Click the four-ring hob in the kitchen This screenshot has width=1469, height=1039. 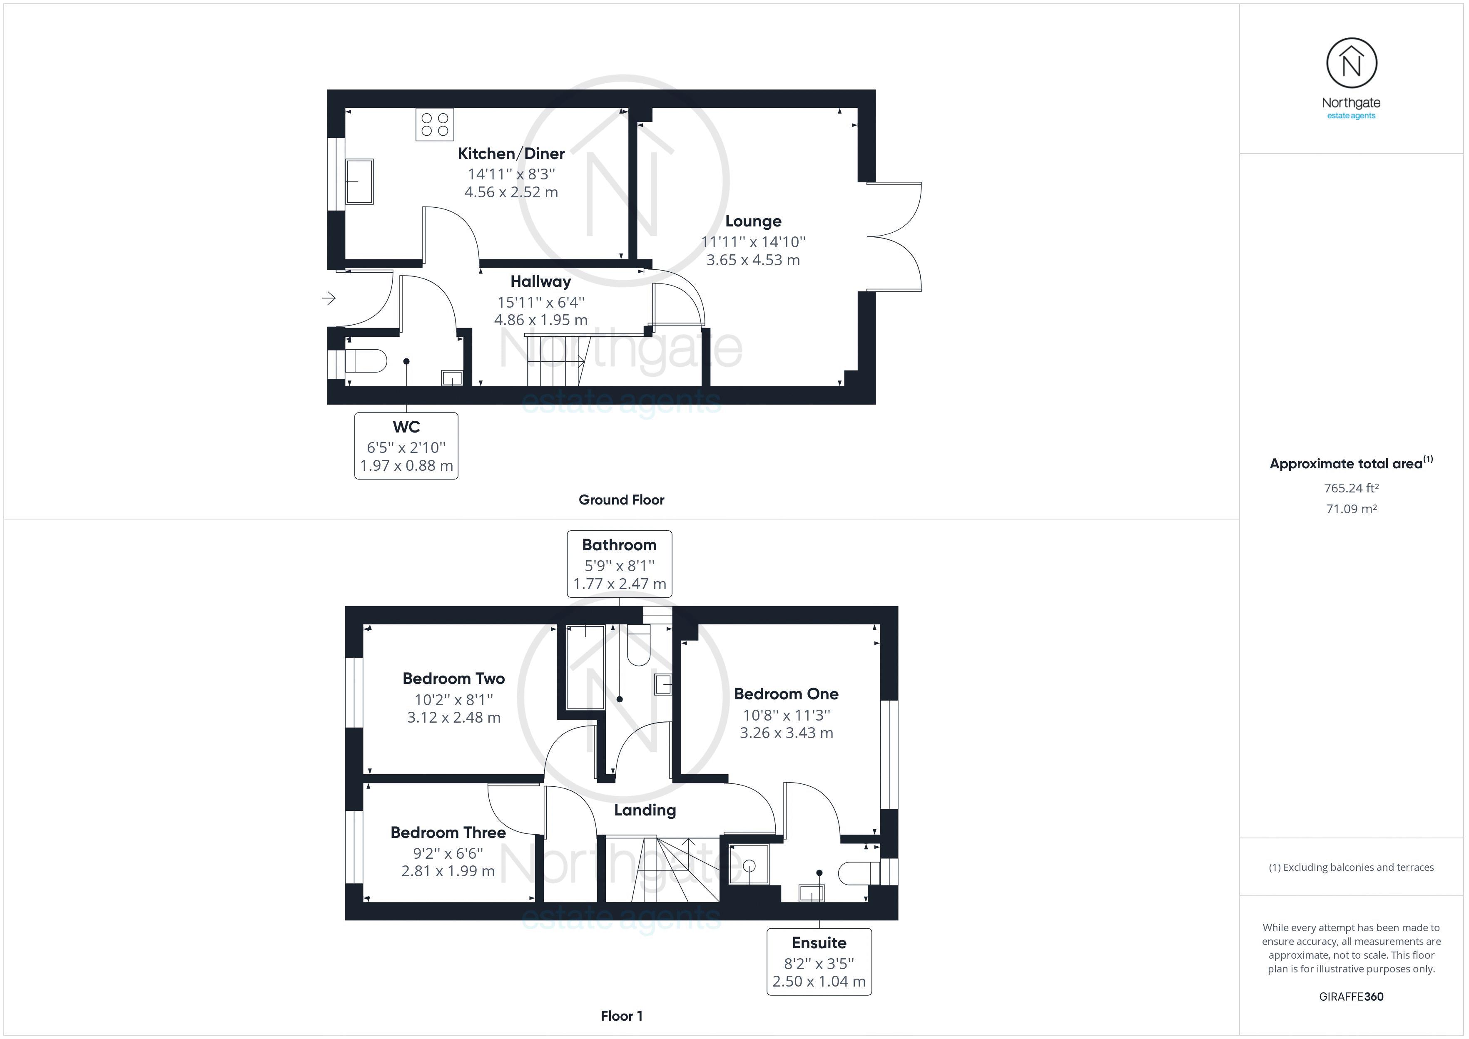pyautogui.click(x=434, y=124)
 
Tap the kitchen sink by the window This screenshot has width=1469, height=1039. pyautogui.click(x=359, y=181)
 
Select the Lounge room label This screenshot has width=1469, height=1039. pyautogui.click(x=753, y=221)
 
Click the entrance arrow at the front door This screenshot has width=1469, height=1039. pyautogui.click(x=329, y=298)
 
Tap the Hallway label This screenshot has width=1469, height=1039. pyautogui.click(x=540, y=281)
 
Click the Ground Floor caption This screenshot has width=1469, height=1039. pyautogui.click(x=621, y=500)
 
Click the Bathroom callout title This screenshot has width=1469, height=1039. pyautogui.click(x=619, y=545)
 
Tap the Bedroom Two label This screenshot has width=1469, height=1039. pyautogui.click(x=453, y=679)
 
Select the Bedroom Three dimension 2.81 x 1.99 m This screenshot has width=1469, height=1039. pyautogui.click(x=448, y=871)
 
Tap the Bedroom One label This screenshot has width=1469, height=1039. pyautogui.click(x=786, y=694)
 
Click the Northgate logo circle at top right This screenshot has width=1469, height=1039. pyautogui.click(x=1351, y=63)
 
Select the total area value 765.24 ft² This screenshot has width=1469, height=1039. pyautogui.click(x=1351, y=488)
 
